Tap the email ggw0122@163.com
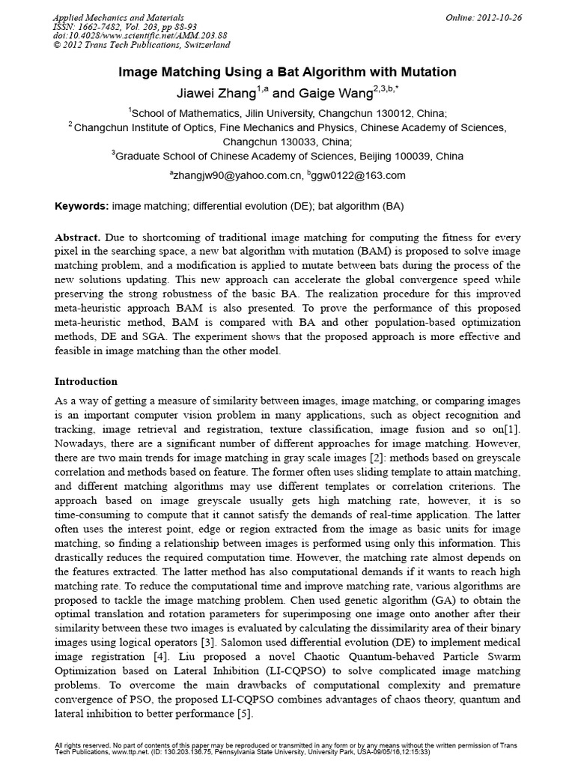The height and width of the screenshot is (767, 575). pos(359,175)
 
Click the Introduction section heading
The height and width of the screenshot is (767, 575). pos(86,381)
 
